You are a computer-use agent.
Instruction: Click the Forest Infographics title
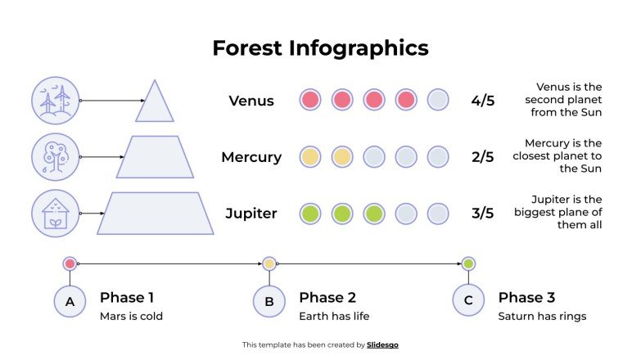coord(320,47)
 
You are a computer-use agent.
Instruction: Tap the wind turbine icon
coord(56,101)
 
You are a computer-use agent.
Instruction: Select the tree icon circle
coord(56,156)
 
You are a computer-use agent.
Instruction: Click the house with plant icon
coord(56,213)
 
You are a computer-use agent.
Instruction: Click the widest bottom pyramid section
coord(156,214)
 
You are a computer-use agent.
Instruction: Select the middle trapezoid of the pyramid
coord(156,157)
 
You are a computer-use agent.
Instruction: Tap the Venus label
coord(251,101)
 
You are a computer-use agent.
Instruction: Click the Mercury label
coord(251,157)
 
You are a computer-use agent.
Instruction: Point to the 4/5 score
coord(483,101)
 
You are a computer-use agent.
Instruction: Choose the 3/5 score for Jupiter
coord(483,214)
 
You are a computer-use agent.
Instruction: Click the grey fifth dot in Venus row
coord(438,100)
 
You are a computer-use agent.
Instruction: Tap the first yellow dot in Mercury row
coord(310,157)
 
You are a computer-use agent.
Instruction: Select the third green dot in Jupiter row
coord(374,214)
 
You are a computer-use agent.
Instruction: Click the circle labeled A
coord(70,301)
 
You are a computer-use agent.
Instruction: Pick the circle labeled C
coord(468,301)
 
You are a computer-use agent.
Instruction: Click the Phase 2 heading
coord(327,297)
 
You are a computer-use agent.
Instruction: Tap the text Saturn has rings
coord(542,316)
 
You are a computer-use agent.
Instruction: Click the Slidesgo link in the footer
coord(382,345)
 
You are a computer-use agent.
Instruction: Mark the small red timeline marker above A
coord(70,263)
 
